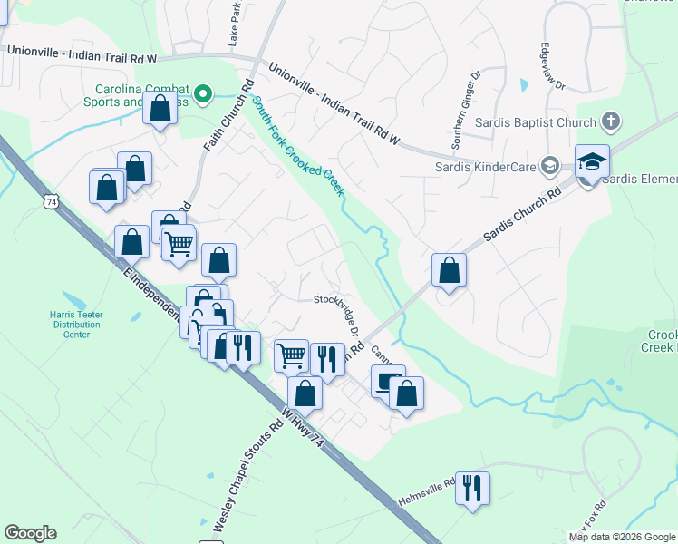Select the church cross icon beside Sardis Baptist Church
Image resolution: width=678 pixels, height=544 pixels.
point(610,121)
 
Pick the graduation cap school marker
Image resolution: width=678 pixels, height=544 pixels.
point(592,162)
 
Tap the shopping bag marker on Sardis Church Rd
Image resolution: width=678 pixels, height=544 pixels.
point(449,270)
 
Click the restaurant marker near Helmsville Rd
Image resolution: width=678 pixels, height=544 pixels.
point(471,489)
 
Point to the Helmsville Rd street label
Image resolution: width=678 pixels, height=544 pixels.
point(426,493)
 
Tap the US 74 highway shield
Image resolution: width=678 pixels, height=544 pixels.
point(51,202)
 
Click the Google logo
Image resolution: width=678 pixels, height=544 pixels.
point(30,532)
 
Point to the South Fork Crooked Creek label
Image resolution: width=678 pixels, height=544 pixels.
point(298,145)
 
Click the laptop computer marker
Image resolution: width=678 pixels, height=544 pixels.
point(387,381)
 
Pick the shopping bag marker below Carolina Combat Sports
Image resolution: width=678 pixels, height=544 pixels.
point(160,110)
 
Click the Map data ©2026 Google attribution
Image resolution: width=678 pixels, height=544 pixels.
point(622,537)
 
